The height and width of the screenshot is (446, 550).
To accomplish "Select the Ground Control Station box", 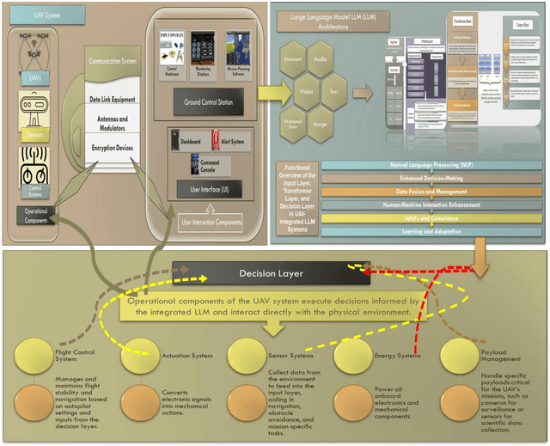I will [x=208, y=103].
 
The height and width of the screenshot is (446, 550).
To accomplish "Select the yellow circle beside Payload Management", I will [x=461, y=355].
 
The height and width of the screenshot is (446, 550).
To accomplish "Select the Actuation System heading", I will [x=188, y=353].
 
